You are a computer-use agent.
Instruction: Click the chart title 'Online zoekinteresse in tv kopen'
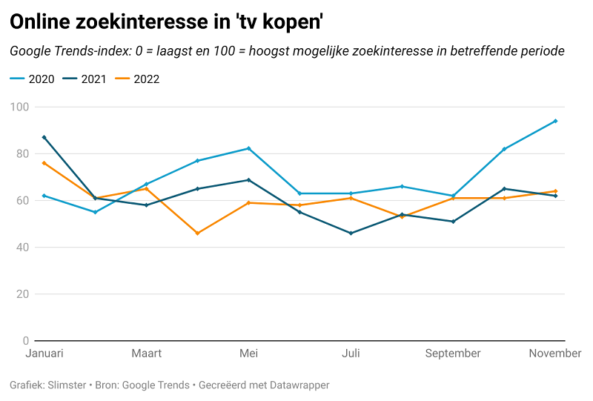coord(166,23)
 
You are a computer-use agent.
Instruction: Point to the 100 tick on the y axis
coord(19,107)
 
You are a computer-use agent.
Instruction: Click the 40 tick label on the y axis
coord(22,248)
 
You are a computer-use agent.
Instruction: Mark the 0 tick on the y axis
coord(25,341)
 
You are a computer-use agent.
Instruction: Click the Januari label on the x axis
coord(44,354)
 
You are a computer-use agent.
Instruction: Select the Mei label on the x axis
coord(248,354)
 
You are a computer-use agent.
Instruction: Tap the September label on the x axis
coord(453,354)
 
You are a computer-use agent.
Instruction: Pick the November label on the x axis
coord(554,354)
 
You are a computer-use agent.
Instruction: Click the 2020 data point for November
coord(555,121)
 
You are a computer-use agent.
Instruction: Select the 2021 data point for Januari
coord(44,137)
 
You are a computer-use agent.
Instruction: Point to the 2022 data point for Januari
coord(44,163)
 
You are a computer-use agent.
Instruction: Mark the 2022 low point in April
coord(197,233)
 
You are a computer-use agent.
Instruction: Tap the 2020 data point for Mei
coord(248,148)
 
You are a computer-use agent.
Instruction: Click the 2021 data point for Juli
coord(351,233)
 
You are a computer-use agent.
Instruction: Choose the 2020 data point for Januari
coord(44,196)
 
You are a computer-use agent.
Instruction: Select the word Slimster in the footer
coord(64,385)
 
